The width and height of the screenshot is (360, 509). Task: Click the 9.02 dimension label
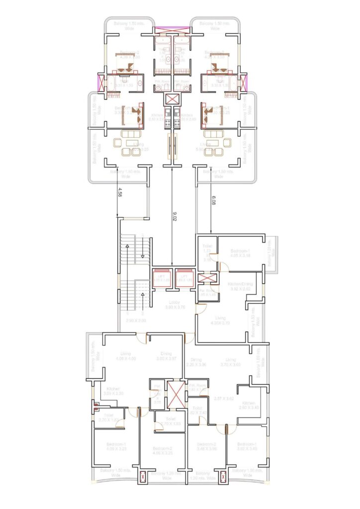coord(174,216)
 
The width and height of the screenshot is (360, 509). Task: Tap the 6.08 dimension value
coord(213,200)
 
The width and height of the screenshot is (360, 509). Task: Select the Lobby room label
coord(175,304)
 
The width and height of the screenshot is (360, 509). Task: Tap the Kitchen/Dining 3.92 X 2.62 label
coord(240,286)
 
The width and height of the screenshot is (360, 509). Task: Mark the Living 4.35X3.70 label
coord(220,320)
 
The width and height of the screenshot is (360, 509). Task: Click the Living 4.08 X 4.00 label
coord(125,356)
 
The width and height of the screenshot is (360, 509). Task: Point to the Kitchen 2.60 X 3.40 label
coord(249,405)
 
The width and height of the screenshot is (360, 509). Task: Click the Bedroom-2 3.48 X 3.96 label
coord(206,446)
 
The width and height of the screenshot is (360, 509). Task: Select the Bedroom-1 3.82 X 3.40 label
coord(247,446)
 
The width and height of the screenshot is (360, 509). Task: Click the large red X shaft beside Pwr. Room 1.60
coord(175,394)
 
